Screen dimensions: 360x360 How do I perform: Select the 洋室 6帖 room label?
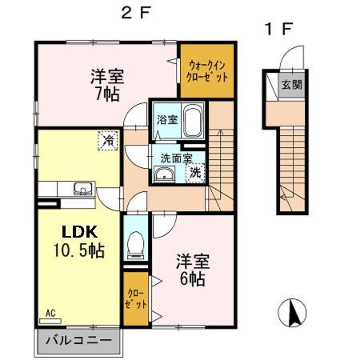coord(194,270)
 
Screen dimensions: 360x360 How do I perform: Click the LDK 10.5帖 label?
coord(82,239)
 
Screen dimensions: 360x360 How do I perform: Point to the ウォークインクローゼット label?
coord(206,71)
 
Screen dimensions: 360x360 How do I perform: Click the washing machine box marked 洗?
coord(194,171)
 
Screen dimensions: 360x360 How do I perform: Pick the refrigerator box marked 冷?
coord(107,141)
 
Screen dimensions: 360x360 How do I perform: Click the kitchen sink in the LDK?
coord(82,190)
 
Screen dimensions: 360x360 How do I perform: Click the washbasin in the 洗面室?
coord(164,176)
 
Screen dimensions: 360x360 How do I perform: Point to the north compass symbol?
coord(293,312)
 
